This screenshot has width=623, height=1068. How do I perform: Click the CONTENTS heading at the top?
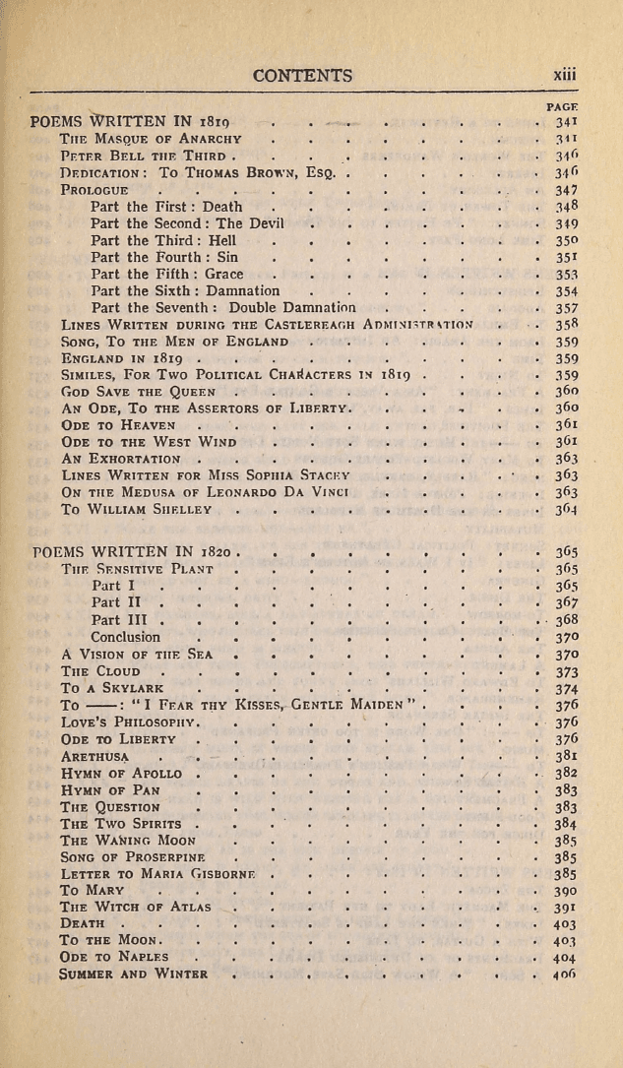(302, 76)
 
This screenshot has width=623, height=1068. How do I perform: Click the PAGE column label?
(561, 106)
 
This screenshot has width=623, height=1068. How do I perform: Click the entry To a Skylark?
(113, 690)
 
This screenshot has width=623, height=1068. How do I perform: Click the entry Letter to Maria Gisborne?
(157, 874)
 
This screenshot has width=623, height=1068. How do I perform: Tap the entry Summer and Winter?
(134, 974)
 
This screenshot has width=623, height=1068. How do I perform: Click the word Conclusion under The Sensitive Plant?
(125, 638)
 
